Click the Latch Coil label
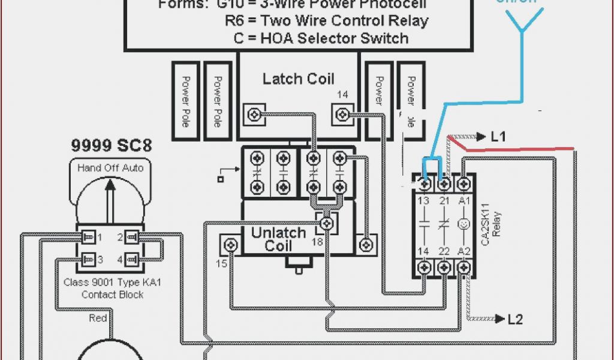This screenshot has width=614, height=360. tap(298, 79)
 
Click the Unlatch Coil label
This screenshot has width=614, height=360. tap(278, 239)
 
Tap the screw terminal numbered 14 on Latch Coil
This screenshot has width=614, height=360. tap(342, 113)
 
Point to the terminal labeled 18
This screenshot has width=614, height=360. tap(326, 224)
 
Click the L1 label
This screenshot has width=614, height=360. tap(498, 137)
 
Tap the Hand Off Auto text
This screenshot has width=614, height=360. tap(110, 168)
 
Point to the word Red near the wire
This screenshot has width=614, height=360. tap(98, 318)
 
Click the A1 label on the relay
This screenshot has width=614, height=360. tap(463, 200)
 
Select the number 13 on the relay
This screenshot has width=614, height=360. tap(424, 200)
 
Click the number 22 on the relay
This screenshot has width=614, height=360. tap(444, 251)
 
